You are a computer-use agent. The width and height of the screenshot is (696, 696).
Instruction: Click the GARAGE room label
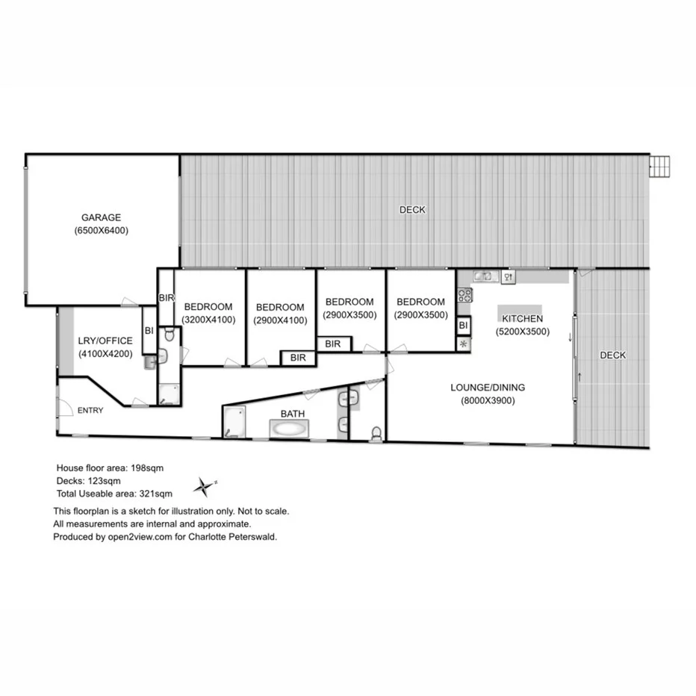point(102,217)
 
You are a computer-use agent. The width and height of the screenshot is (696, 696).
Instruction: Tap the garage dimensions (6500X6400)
point(102,231)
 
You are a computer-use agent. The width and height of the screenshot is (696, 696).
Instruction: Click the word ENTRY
point(90,410)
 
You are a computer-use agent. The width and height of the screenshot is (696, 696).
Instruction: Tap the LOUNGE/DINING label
point(488,387)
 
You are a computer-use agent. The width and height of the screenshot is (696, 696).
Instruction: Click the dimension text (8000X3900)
point(488,400)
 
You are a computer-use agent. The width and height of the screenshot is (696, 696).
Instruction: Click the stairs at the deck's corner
point(660,165)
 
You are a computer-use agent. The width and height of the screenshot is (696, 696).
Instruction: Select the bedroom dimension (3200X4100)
point(208,320)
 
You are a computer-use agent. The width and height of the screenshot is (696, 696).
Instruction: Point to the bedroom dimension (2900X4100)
point(280,320)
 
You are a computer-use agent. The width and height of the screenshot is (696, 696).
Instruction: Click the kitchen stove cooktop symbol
point(463,295)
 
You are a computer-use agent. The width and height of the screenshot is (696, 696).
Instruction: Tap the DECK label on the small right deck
point(613,355)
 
